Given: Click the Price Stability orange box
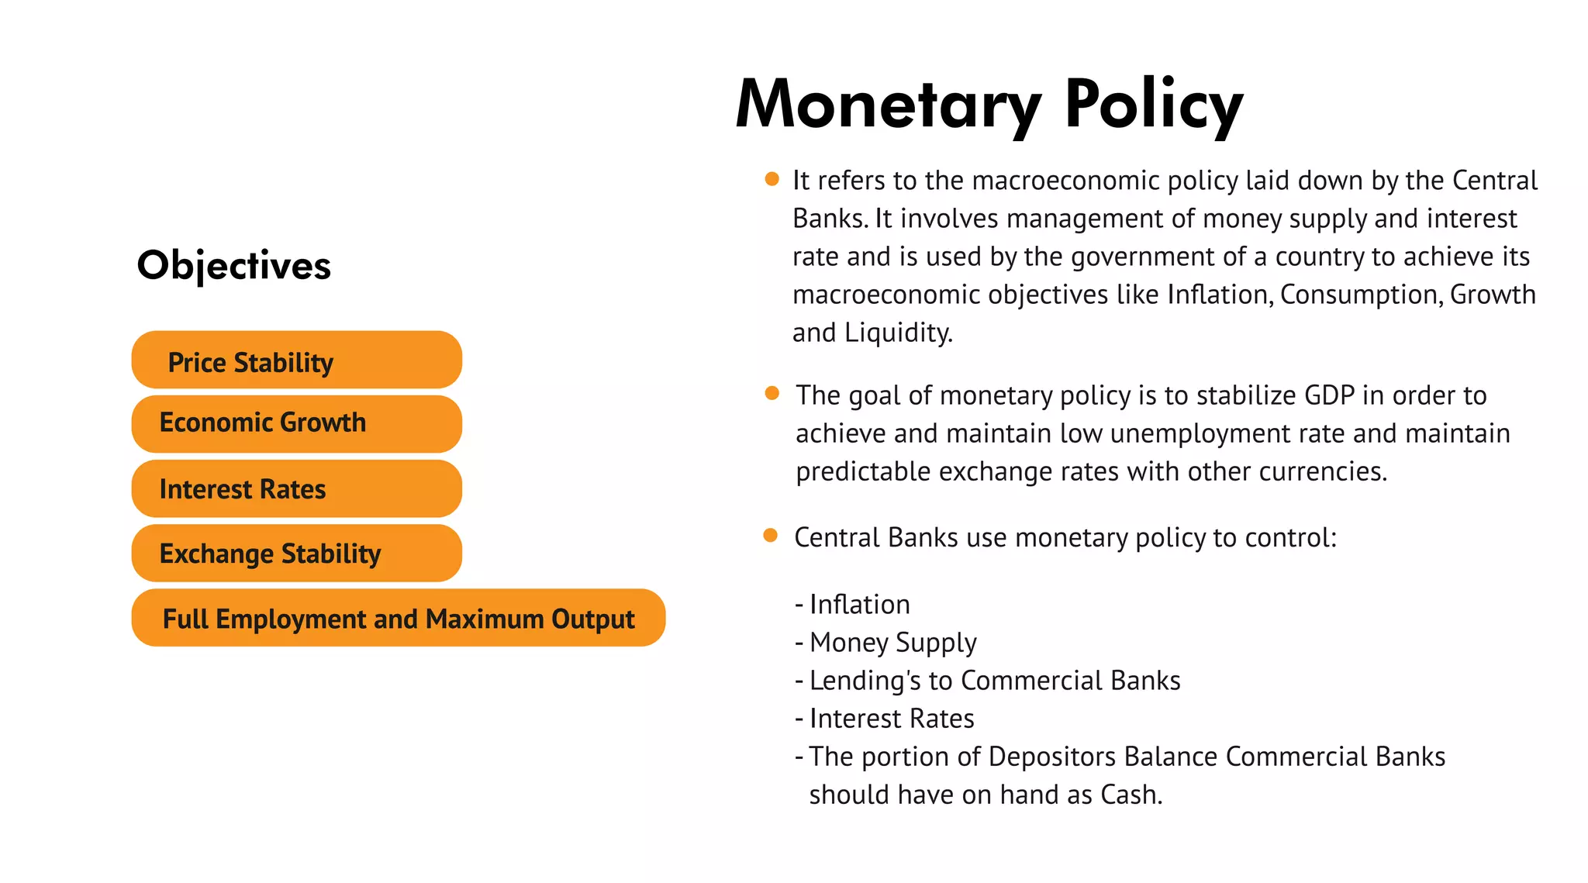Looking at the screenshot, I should coord(297,360).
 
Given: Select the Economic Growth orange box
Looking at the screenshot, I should coord(297,424).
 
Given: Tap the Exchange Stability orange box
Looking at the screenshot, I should coord(297,554).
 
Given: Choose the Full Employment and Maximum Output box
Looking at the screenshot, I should coord(399,618).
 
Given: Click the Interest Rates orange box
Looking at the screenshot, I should coord(297,489).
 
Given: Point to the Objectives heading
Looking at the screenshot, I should coord(234,266).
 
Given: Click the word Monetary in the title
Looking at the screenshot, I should coord(889,105).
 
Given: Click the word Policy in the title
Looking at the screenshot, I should coord(1154,105).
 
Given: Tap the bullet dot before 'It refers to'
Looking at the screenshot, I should coord(772,179).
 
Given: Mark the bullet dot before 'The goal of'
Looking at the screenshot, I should coord(772,393).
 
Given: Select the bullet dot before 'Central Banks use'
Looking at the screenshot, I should coord(770,536).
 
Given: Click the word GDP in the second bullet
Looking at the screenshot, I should coord(1329,395).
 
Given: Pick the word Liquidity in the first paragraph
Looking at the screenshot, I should coord(898,333).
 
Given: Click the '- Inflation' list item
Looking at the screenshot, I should coord(853,605).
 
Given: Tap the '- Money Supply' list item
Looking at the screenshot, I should coord(886,643).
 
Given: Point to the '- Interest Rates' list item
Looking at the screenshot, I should coord(885,719).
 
